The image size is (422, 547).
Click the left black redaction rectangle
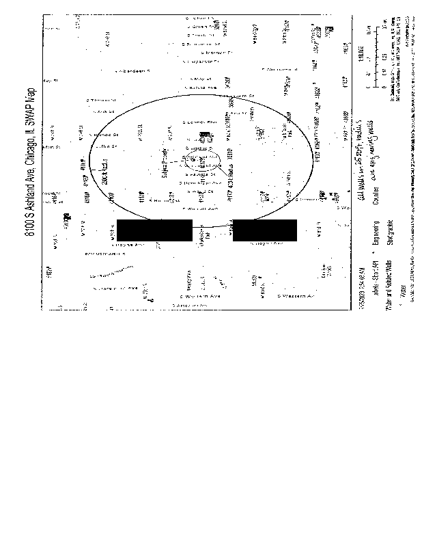154,230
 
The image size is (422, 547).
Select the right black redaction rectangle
265,230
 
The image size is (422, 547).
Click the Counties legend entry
374,198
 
